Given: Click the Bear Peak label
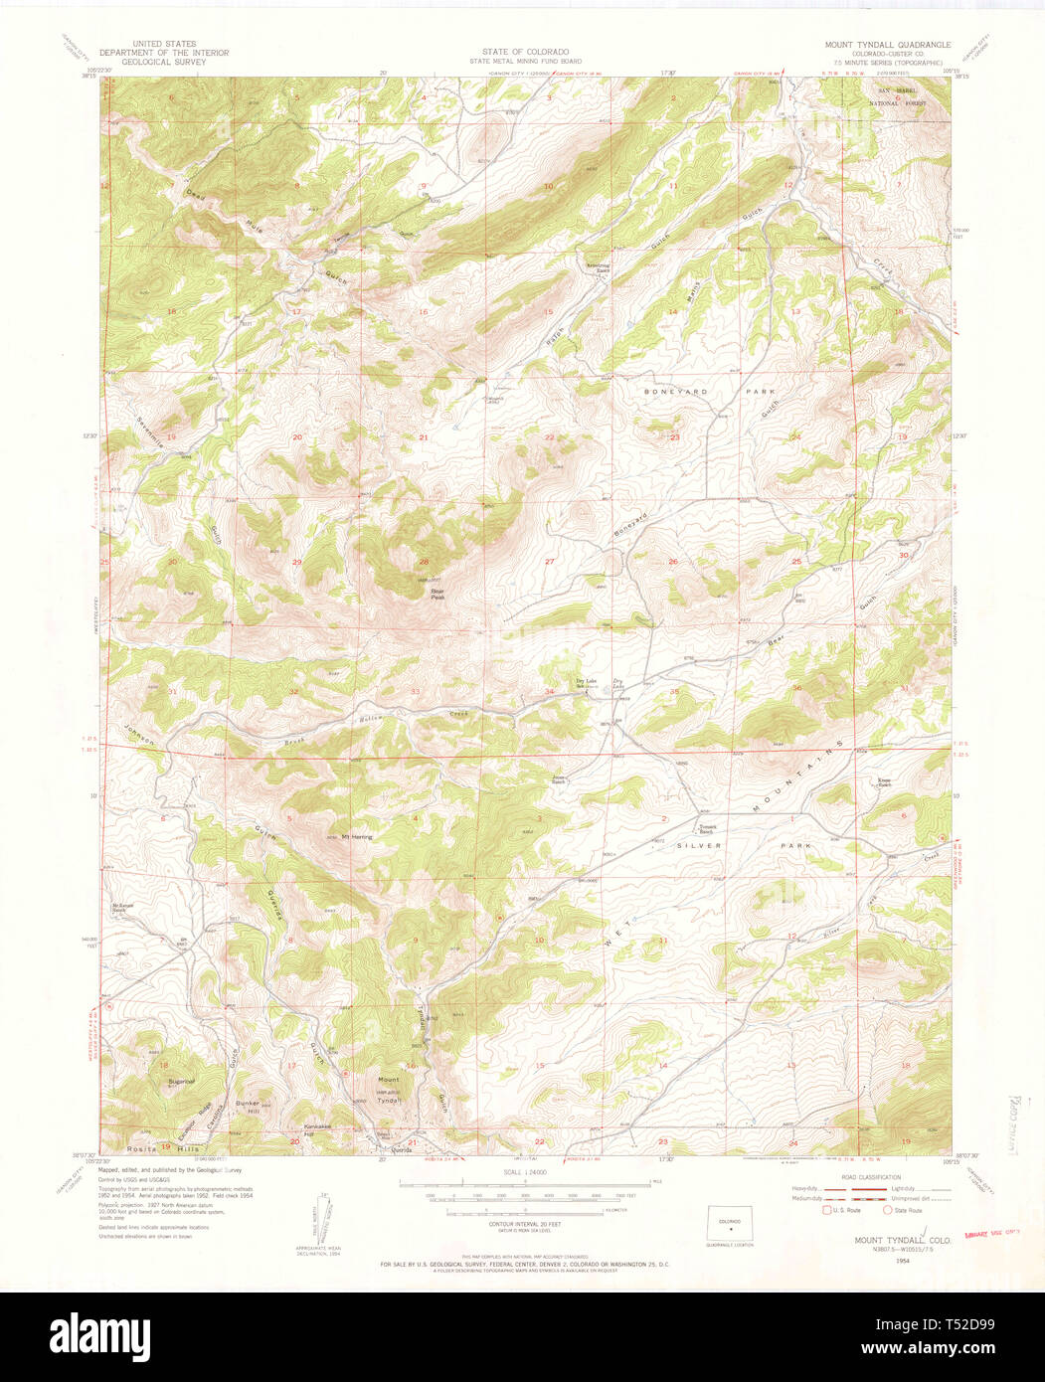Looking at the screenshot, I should (437, 595).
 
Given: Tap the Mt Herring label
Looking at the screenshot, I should (356, 837).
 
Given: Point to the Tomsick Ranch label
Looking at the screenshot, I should (708, 829).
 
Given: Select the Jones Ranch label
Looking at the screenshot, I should (560, 779).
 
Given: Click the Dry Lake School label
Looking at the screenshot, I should (586, 682).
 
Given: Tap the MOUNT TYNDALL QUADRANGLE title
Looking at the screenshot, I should (887, 46).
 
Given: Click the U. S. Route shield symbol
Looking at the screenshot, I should (826, 1210).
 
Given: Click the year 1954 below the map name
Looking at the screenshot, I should (902, 1260).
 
